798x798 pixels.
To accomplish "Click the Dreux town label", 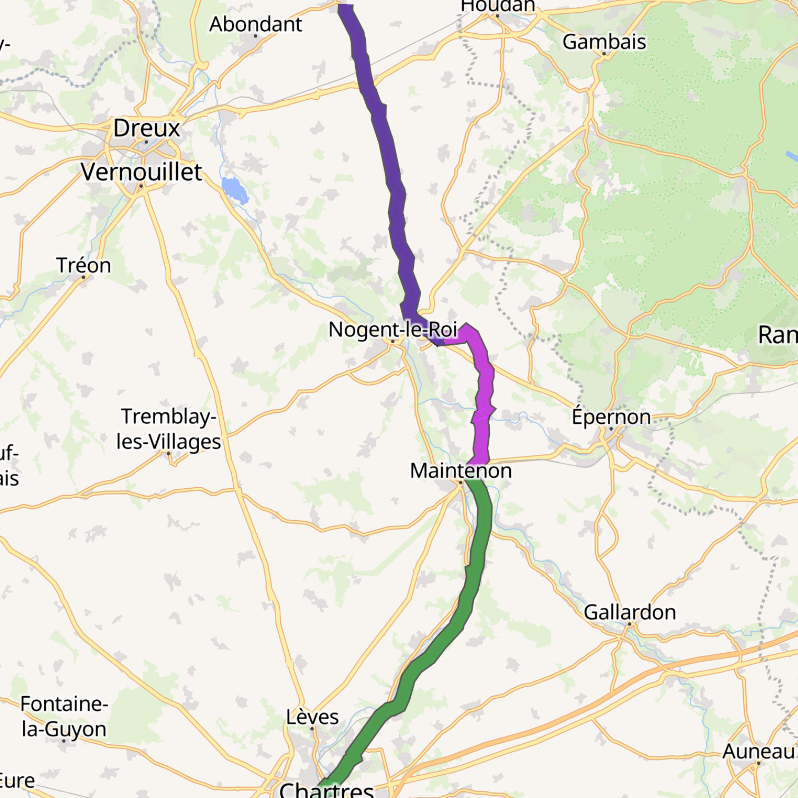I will point(147,128).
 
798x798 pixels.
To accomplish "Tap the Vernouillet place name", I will point(141,172).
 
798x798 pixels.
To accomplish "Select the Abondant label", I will point(255,24).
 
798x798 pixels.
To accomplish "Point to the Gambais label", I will point(604,42).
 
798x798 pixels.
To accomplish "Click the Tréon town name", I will point(83,265).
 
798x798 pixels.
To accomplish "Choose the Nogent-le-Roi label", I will point(392,329).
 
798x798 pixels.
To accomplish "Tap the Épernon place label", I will point(611,416).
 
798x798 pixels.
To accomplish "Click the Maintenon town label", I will point(461,470).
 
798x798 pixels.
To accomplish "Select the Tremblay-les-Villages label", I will point(168,429).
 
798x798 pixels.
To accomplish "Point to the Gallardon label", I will point(630,612).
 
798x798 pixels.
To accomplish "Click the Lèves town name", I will point(312,717).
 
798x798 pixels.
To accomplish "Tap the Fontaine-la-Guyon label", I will point(64,716).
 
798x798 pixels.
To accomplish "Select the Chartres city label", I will point(326,790).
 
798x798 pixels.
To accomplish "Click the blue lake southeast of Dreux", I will point(235,189).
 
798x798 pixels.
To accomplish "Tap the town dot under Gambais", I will point(604,53).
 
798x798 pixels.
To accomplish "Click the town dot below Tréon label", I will point(83,277).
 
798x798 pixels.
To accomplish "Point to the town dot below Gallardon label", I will point(630,624).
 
